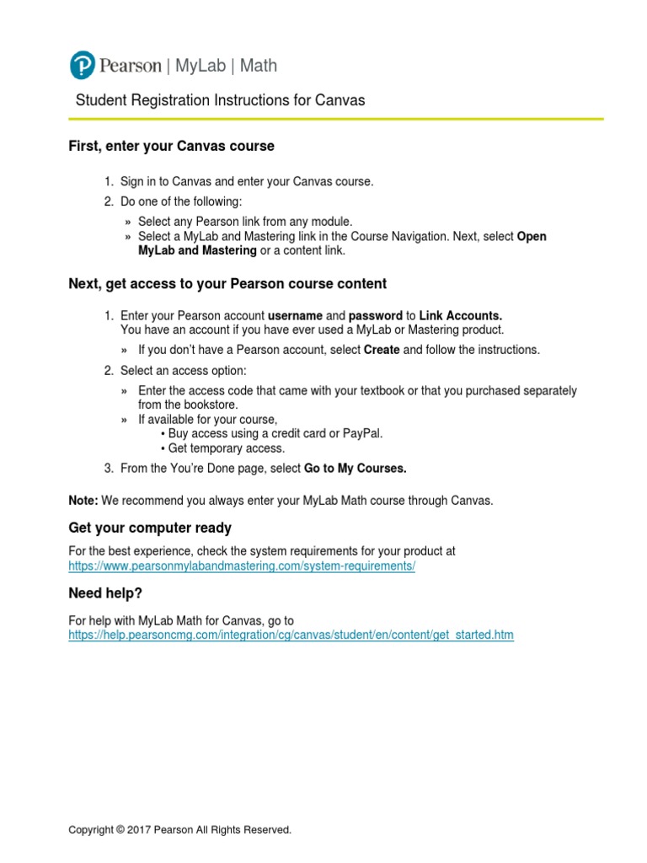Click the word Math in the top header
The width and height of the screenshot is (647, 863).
(257, 66)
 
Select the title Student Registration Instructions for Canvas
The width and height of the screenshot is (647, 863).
(221, 100)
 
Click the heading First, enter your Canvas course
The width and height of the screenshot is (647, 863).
(171, 146)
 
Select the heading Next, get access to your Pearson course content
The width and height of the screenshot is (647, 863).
(227, 283)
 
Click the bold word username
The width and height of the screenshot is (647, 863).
(295, 316)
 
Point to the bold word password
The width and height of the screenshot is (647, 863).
(376, 316)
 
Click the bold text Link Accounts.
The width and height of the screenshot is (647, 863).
(461, 316)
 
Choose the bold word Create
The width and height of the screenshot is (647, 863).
(382, 350)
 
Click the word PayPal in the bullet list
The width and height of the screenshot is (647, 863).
(362, 433)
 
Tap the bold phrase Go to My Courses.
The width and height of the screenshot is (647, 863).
(355, 469)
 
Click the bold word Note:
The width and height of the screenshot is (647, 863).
(83, 501)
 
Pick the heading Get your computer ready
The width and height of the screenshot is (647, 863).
(150, 528)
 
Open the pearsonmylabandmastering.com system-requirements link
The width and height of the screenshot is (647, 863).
(242, 566)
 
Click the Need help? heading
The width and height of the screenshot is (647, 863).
(105, 594)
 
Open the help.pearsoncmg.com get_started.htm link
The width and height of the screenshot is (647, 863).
(291, 635)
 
